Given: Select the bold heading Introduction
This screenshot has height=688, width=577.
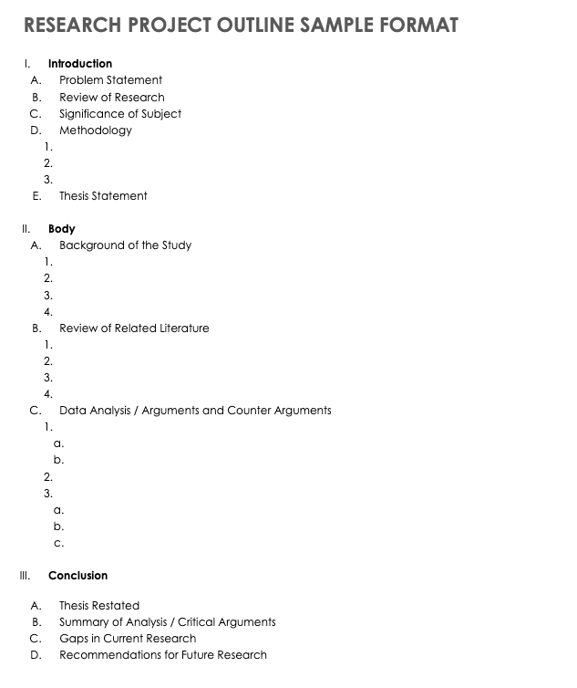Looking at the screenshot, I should click(x=80, y=64).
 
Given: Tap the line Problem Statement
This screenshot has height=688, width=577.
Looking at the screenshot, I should click(x=110, y=80).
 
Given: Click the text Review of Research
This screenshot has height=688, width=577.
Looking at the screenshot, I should click(x=112, y=97).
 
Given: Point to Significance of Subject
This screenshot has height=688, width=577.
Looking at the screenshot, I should click(x=120, y=113).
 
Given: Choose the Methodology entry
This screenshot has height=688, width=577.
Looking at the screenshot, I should click(x=96, y=130).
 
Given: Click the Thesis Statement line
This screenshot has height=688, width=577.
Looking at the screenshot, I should click(x=103, y=195).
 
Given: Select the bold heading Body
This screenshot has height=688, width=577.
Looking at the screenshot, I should click(x=62, y=228).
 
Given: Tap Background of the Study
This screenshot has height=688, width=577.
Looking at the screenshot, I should click(x=125, y=245).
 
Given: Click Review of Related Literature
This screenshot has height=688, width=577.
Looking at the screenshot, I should click(x=134, y=328).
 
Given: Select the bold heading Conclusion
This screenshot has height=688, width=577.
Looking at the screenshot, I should click(x=77, y=576).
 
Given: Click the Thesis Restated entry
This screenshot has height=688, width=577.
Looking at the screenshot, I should click(x=99, y=605).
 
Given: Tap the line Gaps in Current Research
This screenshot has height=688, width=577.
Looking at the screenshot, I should click(x=128, y=638).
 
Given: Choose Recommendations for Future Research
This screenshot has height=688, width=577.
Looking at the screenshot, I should click(x=163, y=654).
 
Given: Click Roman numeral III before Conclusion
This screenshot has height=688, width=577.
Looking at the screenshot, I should click(x=25, y=576).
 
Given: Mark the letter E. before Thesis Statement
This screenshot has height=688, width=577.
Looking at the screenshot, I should click(x=36, y=195).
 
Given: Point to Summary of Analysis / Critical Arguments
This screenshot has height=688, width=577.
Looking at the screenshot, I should click(x=167, y=621).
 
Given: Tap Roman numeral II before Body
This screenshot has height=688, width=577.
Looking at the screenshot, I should click(x=26, y=228).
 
